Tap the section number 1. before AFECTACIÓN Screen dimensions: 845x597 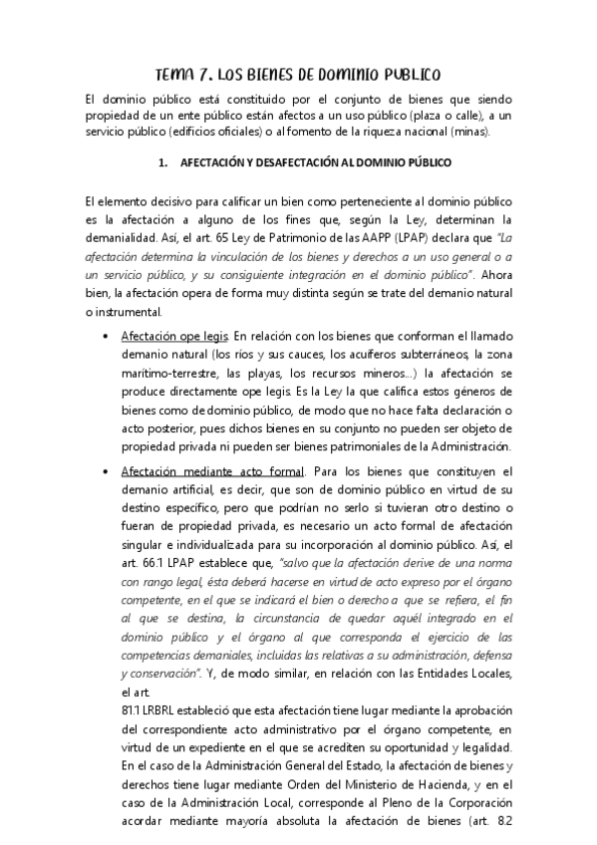tap(164, 161)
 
